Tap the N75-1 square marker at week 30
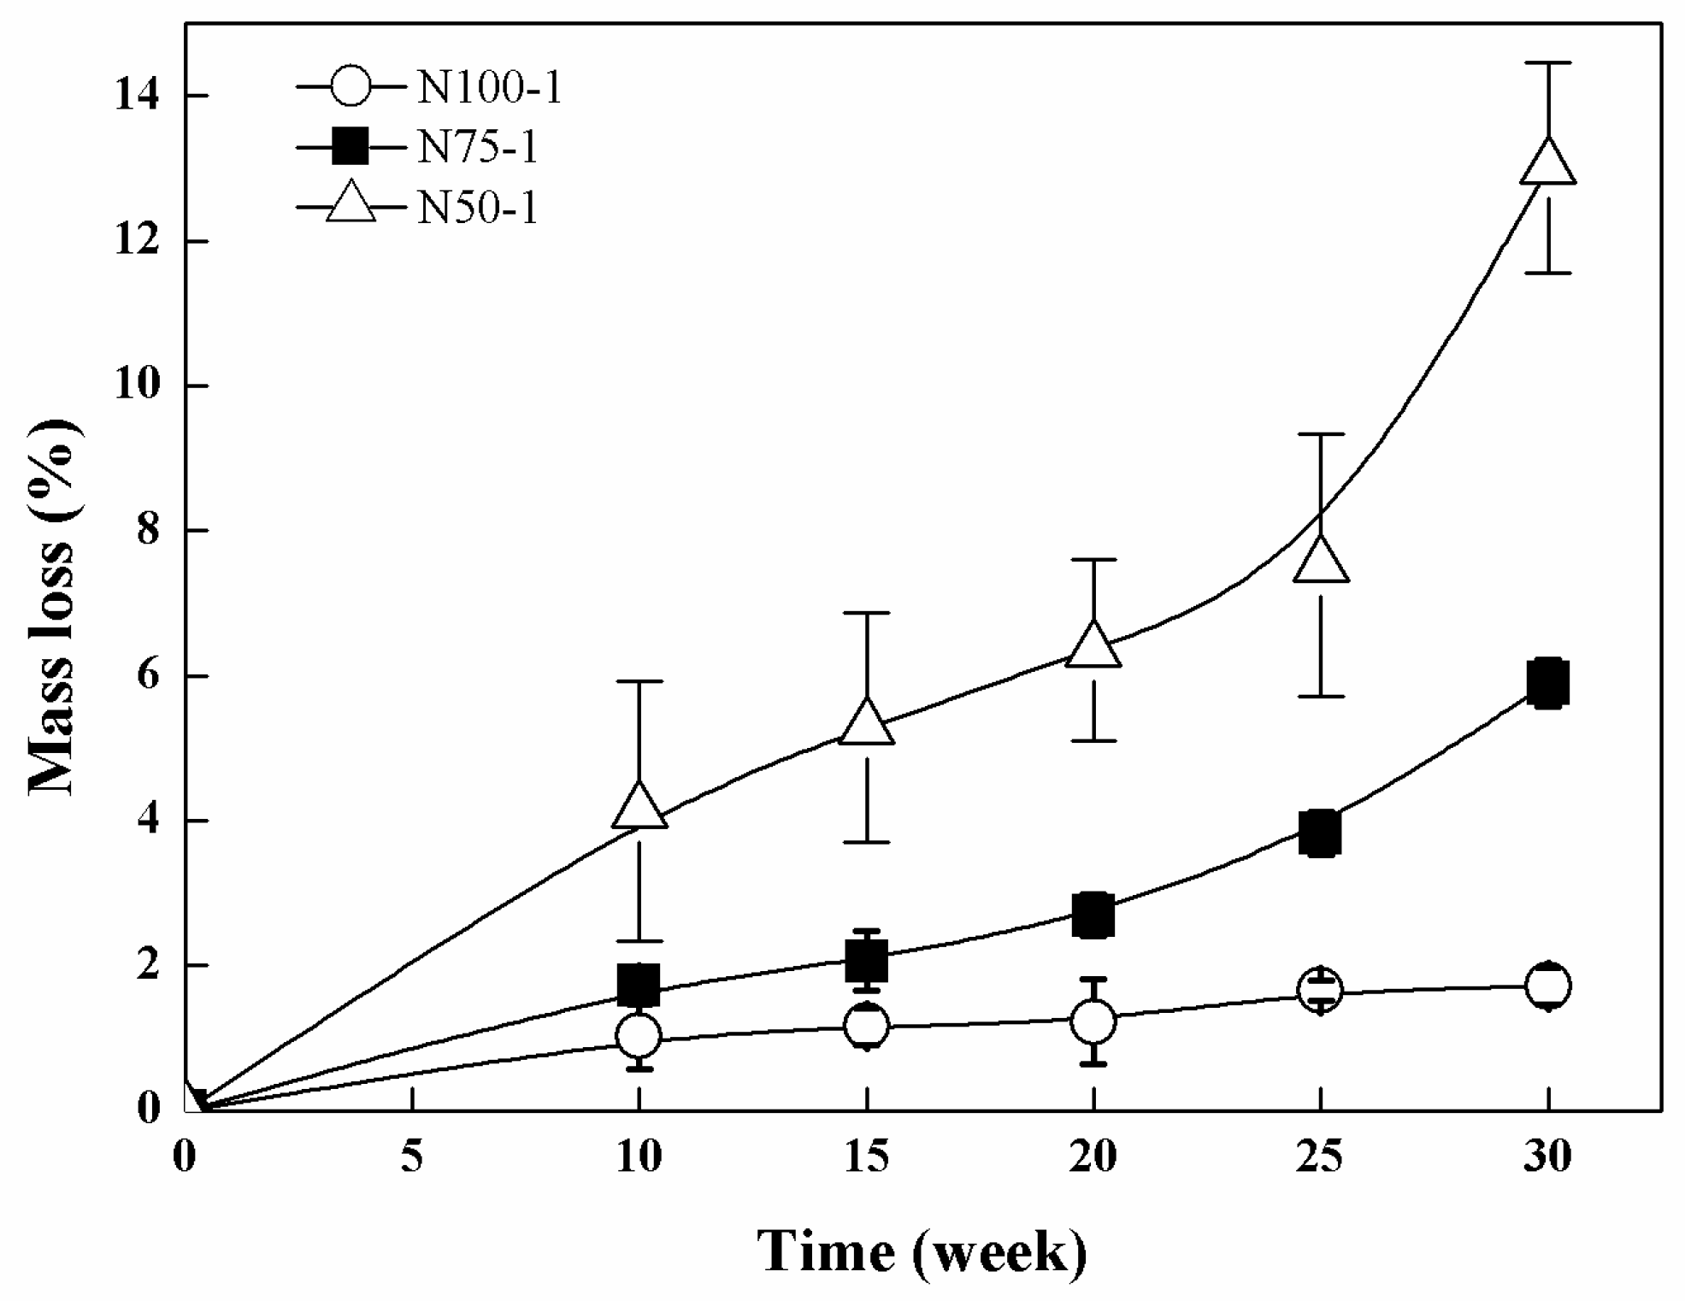1548,683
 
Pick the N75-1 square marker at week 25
1320,833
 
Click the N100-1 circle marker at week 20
1093,1021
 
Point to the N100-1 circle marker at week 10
639,1036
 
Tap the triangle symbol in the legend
351,205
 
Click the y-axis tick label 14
137,96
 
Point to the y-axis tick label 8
149,531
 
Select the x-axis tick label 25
1320,1157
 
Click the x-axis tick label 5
412,1157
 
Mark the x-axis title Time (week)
922,1253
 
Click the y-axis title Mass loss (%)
53,607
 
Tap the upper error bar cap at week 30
1548,63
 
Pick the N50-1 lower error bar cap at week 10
639,941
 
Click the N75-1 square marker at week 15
867,960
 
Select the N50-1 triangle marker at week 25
1321,562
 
